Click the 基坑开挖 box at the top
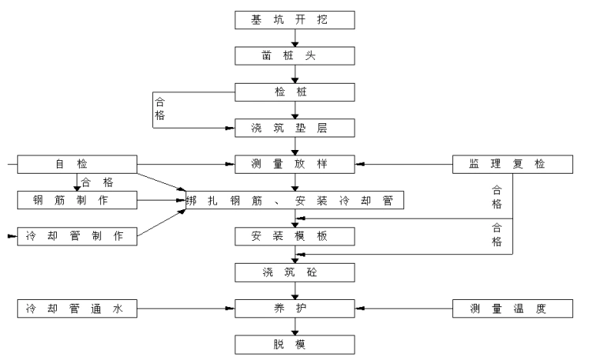[295, 20]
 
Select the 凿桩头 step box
[295, 56]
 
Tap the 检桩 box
[295, 92]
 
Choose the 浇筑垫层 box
[295, 128]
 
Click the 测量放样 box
[295, 164]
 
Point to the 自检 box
[77, 164]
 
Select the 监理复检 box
[512, 164]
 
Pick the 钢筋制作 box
[77, 200]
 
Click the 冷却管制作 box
[77, 236]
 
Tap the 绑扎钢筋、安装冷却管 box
[295, 200]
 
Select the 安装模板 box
[295, 236]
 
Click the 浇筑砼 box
[295, 272]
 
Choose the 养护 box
[295, 309]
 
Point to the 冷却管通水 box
[77, 309]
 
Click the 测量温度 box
[512, 309]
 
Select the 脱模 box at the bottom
[295, 345]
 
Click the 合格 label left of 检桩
[159, 107]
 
